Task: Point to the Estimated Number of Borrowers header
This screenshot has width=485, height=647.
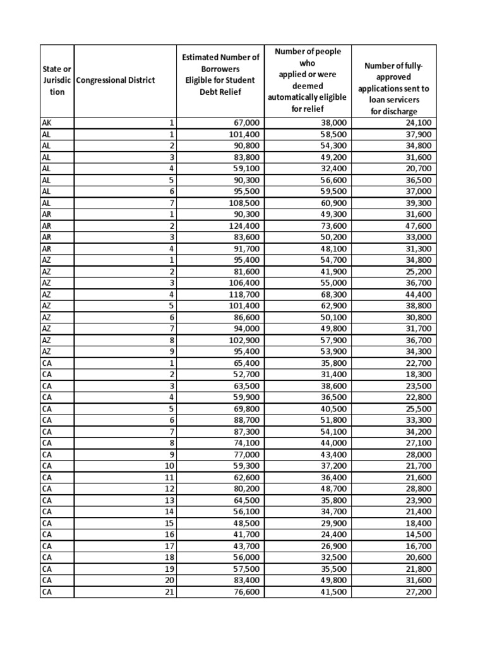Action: point(220,80)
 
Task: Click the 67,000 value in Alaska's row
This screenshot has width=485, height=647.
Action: point(242,123)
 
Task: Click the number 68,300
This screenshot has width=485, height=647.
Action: point(330,294)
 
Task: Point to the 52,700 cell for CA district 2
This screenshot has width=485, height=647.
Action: point(242,374)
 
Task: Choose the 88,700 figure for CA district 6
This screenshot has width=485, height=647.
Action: point(242,420)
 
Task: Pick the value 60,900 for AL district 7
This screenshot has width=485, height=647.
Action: point(330,203)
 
